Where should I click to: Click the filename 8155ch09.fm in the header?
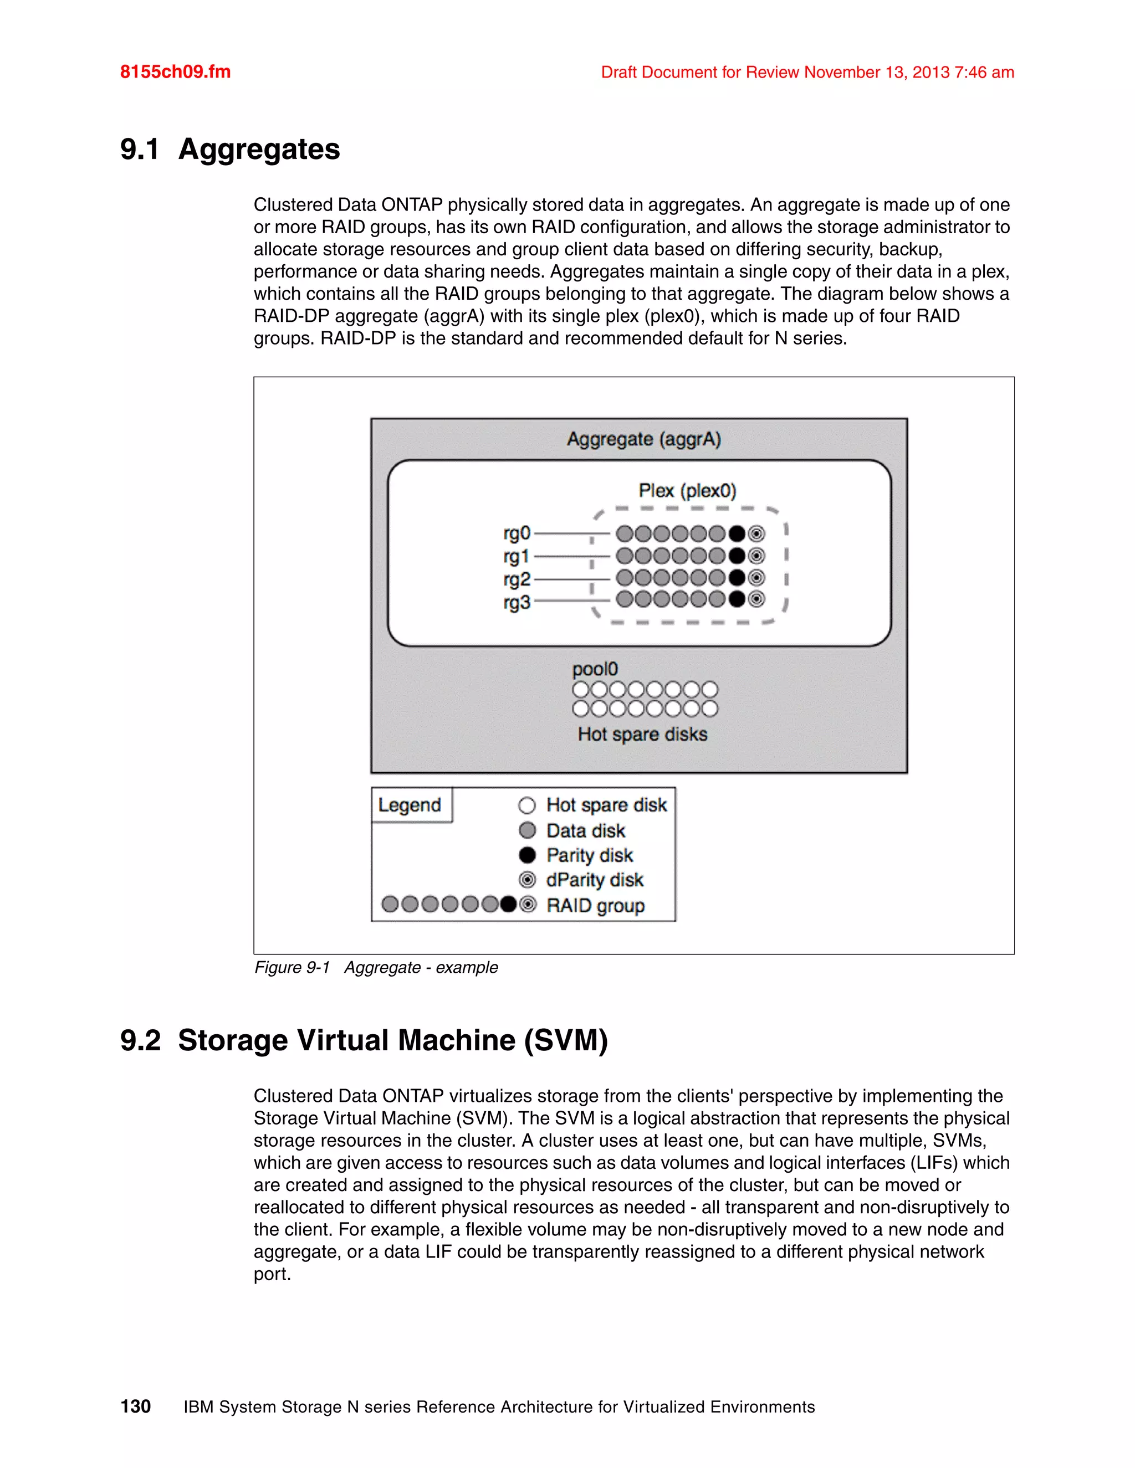tap(175, 72)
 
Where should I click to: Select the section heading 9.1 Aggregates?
tap(230, 149)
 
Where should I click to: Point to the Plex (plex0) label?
tap(687, 491)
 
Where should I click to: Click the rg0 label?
tap(517, 533)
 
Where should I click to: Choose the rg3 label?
tap(517, 602)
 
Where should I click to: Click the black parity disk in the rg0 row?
tap(738, 533)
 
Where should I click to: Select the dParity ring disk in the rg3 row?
tap(756, 599)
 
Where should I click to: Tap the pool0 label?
tap(595, 670)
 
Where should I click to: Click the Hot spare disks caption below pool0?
tap(642, 734)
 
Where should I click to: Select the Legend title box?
tap(410, 804)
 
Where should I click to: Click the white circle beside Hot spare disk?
tap(527, 805)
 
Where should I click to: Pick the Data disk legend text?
tap(585, 831)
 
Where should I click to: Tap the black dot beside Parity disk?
tap(527, 855)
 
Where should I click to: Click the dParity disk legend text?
tap(595, 880)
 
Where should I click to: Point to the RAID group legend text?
tap(595, 905)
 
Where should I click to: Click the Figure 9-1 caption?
tap(376, 967)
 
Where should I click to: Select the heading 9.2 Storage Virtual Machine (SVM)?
tap(364, 1040)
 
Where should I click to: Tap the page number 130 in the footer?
tap(135, 1406)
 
